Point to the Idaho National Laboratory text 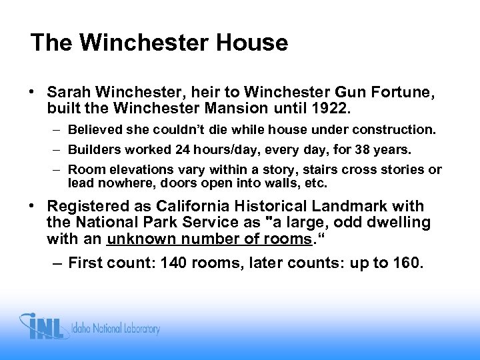coord(117,328)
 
